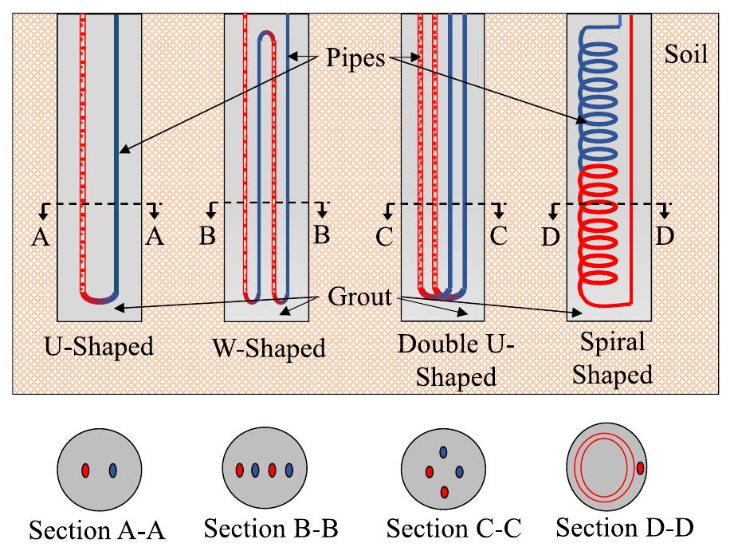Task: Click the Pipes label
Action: point(356,57)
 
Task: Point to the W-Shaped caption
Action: point(269,348)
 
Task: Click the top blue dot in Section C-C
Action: point(442,452)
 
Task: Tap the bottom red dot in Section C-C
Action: point(444,492)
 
